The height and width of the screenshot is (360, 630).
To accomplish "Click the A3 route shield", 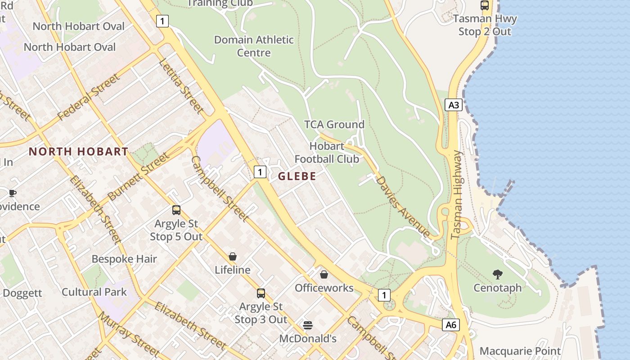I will point(454,105).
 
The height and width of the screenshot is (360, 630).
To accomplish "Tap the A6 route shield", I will point(451,325).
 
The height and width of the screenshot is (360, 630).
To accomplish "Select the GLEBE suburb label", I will point(297,176).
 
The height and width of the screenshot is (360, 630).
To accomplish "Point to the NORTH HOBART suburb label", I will point(79,152).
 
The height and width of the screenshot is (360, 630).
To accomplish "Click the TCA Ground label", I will point(334,125).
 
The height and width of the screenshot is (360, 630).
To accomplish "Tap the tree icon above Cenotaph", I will point(497,274).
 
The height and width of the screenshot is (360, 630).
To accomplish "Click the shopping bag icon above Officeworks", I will point(324,274).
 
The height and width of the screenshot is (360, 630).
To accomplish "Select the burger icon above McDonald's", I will point(308,325).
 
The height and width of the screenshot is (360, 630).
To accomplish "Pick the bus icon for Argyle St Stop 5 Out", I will point(176,210).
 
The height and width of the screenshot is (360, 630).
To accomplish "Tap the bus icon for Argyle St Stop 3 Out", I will point(261,293).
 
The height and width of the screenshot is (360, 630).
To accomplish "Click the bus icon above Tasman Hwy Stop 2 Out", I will point(485,5).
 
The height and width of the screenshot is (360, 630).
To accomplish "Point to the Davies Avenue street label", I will point(402,206).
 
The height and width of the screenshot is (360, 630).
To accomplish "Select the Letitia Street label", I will point(181,85).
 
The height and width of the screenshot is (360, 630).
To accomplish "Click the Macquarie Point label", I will point(520,351).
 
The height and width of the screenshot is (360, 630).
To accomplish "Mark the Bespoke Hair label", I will point(124,259).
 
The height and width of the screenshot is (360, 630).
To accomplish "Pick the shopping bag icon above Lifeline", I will point(233,256).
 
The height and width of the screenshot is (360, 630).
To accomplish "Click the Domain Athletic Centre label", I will point(254,46).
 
